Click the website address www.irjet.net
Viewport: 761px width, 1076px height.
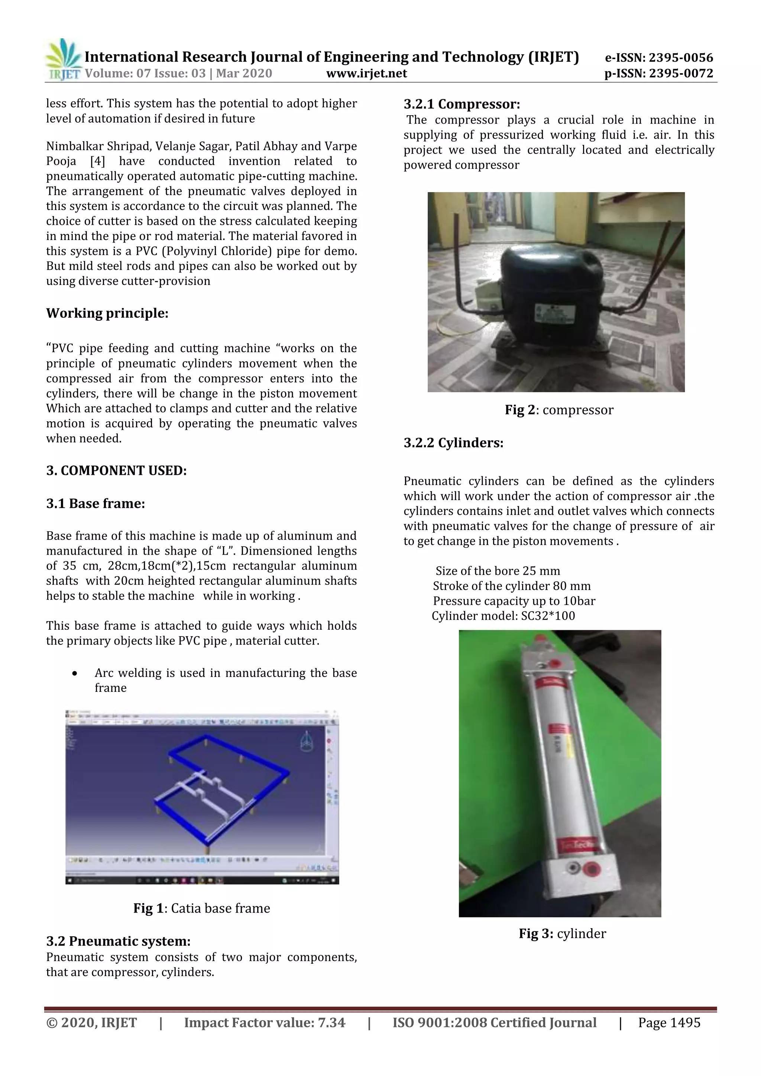point(366,74)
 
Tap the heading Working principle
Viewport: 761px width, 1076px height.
point(107,313)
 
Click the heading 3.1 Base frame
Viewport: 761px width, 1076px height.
point(95,503)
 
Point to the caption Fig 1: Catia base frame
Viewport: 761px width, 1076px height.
point(201,908)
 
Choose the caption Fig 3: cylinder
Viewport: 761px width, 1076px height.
point(562,934)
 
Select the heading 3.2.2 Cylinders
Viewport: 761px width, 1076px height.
point(453,443)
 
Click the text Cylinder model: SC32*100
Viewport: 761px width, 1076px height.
point(503,616)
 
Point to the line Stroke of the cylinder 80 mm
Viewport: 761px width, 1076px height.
point(511,586)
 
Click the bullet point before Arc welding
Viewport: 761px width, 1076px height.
point(75,674)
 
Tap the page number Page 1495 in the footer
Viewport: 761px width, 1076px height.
point(669,1022)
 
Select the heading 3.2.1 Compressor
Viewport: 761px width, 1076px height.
point(462,104)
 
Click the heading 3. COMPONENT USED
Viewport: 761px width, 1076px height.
point(116,470)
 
